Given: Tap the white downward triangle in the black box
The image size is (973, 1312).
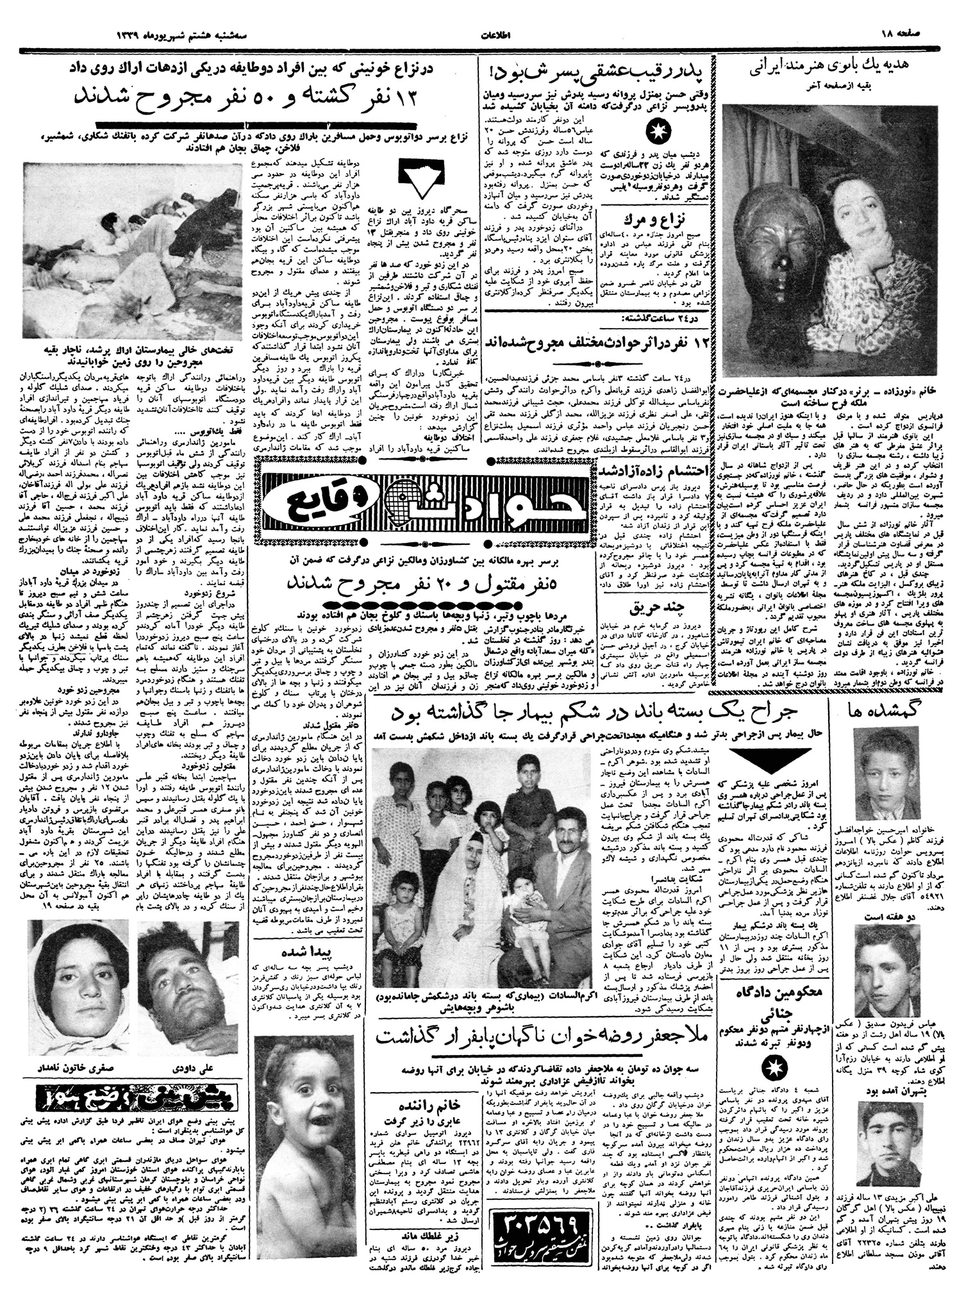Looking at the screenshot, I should pyautogui.click(x=420, y=179).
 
